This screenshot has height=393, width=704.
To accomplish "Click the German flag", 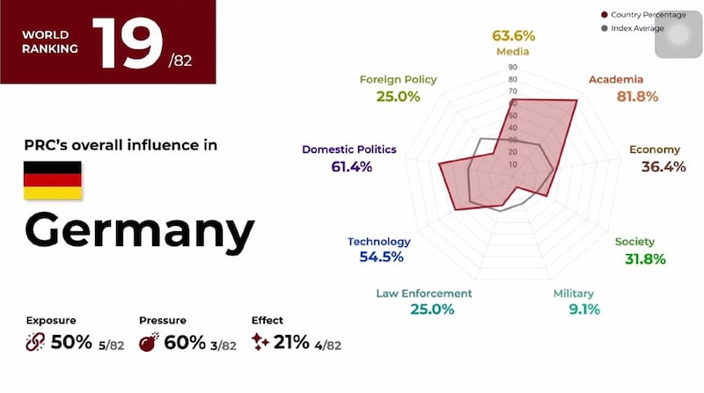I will [x=52, y=179].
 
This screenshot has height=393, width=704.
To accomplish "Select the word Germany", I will [x=139, y=230].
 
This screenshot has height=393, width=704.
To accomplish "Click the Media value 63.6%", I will [x=513, y=36].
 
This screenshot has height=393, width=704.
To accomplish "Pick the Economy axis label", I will [x=656, y=149].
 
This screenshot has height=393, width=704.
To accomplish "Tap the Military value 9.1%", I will [x=578, y=309].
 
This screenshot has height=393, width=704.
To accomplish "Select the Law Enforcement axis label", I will [x=424, y=293].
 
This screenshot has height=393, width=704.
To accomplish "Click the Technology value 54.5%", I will [x=381, y=257].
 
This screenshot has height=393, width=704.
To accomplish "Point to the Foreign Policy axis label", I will [x=398, y=80].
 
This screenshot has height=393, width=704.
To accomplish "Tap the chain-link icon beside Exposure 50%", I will [x=34, y=342].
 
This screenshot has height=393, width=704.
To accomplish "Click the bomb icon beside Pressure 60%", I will [x=148, y=342].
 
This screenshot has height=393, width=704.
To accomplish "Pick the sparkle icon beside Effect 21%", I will [x=260, y=342].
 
